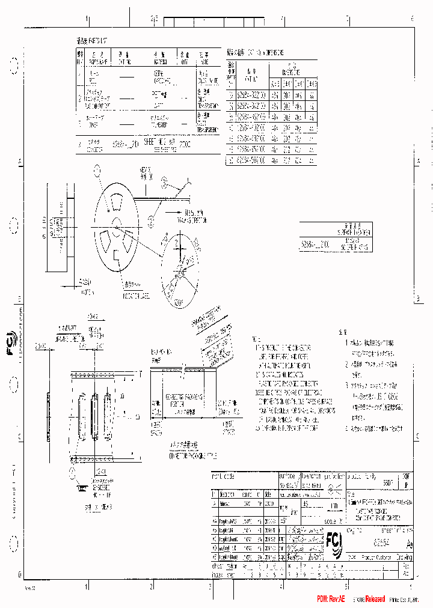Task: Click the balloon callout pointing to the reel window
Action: pos(97,171)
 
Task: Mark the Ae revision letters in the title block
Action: pos(410,546)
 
